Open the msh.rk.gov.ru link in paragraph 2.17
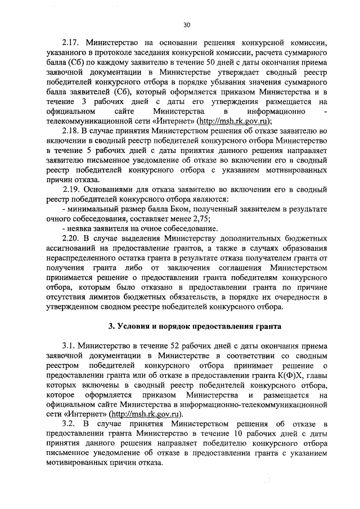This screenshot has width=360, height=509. (240, 121)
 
